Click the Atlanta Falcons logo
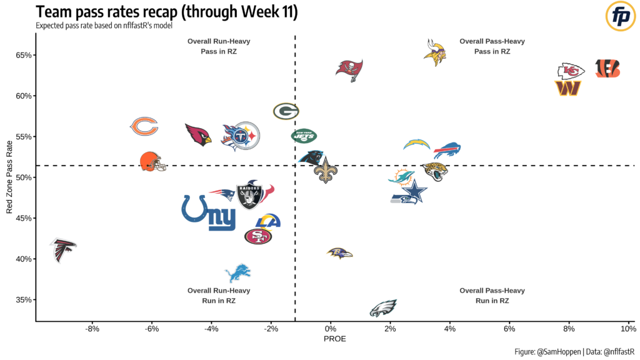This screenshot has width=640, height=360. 63,249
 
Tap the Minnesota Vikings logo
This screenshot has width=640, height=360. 434,53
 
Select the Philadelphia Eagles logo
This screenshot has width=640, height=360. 383,308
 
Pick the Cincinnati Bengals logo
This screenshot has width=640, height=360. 607,69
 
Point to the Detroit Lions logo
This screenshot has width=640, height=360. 237,272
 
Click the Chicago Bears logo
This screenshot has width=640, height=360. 144,126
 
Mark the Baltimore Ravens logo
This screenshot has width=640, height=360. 339,253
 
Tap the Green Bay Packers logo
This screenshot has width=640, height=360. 286,111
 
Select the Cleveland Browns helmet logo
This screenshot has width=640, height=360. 152,162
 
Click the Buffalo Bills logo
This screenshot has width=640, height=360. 447,150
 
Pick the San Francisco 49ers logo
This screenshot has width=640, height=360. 257,236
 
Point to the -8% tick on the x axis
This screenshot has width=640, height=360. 92,329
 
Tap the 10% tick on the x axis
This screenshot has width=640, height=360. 628,329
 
